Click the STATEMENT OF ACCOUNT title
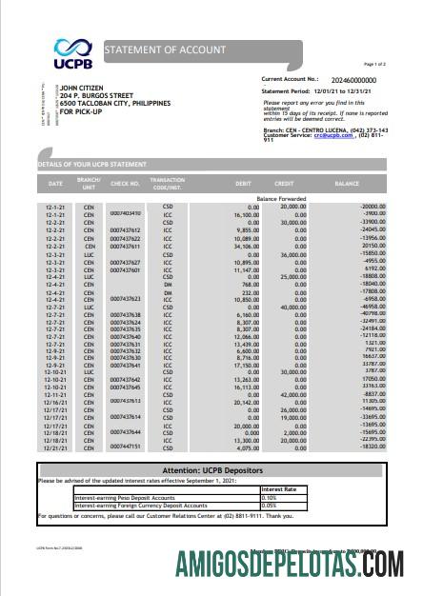pyautogui.click(x=165, y=49)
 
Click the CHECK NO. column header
pyautogui.click(x=125, y=182)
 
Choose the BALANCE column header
pyautogui.click(x=346, y=182)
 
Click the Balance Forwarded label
pyautogui.click(x=279, y=198)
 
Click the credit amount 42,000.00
pyautogui.click(x=289, y=392)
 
